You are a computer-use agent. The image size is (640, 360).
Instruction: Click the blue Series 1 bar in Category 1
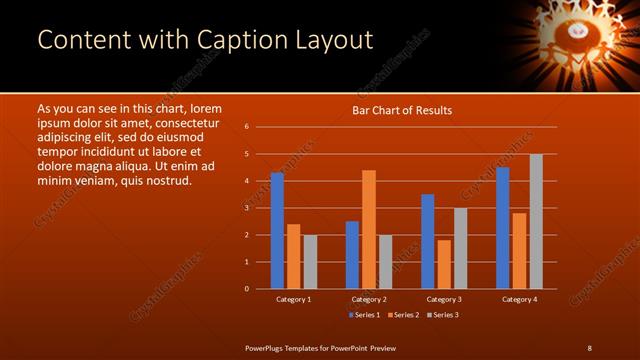[x=277, y=231]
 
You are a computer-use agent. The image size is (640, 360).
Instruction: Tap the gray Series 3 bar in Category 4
[x=536, y=221]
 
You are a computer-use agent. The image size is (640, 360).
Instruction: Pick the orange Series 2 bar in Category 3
[x=444, y=264]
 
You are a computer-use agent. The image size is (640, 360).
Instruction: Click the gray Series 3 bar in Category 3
[x=460, y=248]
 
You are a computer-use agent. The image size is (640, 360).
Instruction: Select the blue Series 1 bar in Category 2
[x=352, y=255]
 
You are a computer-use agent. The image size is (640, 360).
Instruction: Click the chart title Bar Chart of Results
[x=402, y=110]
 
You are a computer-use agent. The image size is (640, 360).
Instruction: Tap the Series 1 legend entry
[x=363, y=316]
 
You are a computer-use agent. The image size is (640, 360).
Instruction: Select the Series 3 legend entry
[x=441, y=316]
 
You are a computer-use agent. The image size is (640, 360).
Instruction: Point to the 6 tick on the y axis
[x=246, y=127]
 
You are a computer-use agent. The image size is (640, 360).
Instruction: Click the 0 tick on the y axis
[x=246, y=289]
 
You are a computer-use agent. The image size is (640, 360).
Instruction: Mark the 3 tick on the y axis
[x=246, y=208]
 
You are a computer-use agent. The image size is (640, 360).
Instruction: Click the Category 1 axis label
[x=293, y=299]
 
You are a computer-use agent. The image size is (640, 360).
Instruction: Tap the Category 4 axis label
[x=519, y=299]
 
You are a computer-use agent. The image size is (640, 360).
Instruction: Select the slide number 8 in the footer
[x=590, y=347]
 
